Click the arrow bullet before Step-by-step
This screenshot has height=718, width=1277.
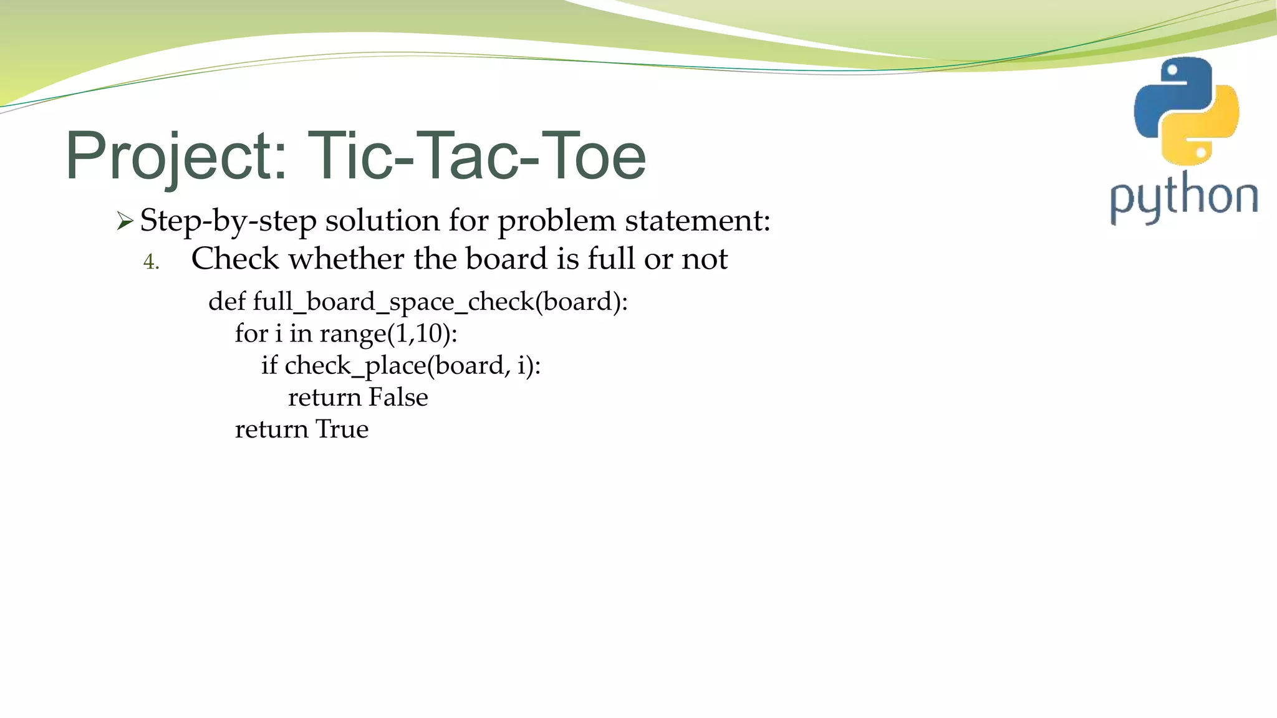click(x=125, y=221)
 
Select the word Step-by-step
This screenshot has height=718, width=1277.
click(x=228, y=221)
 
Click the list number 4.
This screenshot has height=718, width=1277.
click(x=151, y=262)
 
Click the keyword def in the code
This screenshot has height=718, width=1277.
click(x=227, y=302)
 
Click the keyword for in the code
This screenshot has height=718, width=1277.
click(x=251, y=333)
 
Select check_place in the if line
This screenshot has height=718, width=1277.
click(x=355, y=366)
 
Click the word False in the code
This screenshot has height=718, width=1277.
click(x=398, y=398)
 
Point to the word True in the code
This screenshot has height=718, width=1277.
click(x=342, y=429)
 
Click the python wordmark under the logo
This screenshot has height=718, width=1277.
click(x=1183, y=198)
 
